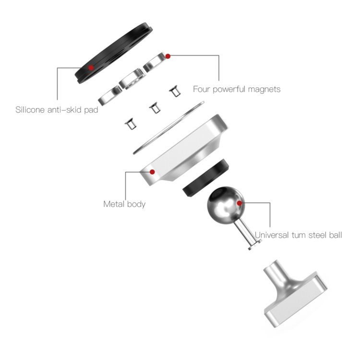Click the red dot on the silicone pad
pos(91,68)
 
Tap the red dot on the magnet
pos(168,56)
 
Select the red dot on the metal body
pos(152,172)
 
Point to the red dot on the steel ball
pos(240,203)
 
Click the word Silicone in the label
pos(30,109)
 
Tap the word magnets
pos(264,89)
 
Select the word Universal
pos(272,235)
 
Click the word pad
pos(91,110)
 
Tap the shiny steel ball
pos(226,205)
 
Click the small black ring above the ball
pos(206,178)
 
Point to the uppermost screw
pos(175,92)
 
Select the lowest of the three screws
pos(131,125)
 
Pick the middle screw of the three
pos(155,108)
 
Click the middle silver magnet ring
pos(132,79)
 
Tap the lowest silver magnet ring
pos(110,96)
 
